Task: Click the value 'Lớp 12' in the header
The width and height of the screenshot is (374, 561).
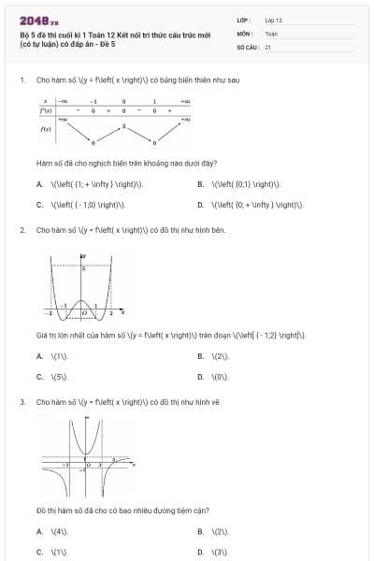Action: [x=273, y=19]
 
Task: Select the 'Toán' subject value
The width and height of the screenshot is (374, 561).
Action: [x=271, y=33]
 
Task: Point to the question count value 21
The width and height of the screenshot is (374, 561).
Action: [x=268, y=46]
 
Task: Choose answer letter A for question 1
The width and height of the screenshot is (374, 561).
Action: [x=39, y=184]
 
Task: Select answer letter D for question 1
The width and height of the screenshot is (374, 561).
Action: [x=201, y=204]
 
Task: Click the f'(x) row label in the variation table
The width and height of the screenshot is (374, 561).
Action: [x=45, y=110]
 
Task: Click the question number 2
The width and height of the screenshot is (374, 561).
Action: [x=21, y=229]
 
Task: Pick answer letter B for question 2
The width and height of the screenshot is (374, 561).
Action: [x=201, y=356]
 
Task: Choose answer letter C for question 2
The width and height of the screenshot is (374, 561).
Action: [x=39, y=377]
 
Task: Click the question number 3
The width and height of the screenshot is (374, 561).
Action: [x=21, y=402]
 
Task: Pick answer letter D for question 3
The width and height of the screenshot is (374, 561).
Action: [x=201, y=552]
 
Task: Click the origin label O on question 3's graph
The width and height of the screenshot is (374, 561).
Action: [x=88, y=464]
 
